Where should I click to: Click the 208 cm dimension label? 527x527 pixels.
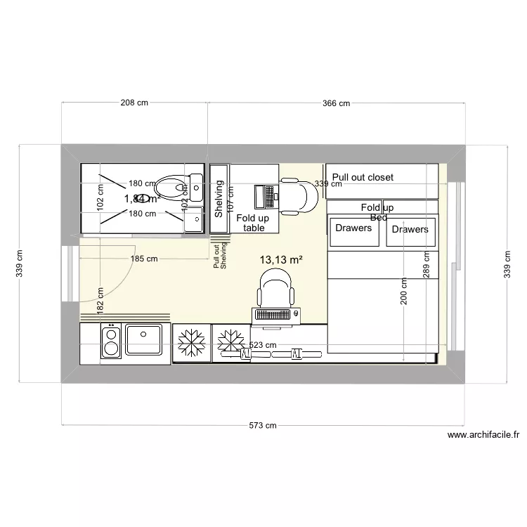tap(134, 103)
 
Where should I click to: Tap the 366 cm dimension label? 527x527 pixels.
tap(336, 103)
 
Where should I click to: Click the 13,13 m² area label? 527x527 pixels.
tap(281, 260)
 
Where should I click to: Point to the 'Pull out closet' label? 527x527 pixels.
tap(363, 178)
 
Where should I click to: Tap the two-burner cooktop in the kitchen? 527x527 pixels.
tap(110, 341)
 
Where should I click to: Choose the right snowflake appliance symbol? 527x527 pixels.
tap(228, 342)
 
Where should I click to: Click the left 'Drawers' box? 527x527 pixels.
tap(353, 229)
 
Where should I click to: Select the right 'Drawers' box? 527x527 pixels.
tap(410, 230)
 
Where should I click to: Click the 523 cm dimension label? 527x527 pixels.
tap(263, 346)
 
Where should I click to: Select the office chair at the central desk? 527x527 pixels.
tap(275, 289)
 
